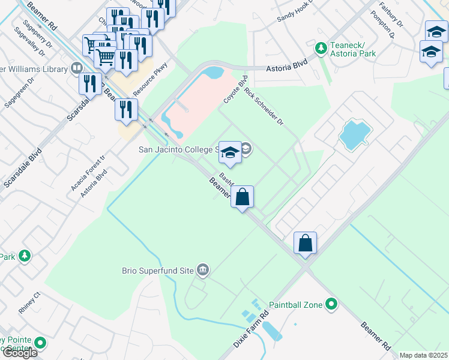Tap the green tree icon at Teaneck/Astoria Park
tap(321, 47)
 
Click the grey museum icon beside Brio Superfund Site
tap(203, 271)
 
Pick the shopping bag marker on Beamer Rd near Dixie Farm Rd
tap(305, 244)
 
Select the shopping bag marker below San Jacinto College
tap(242, 197)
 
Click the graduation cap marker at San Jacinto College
tap(229, 153)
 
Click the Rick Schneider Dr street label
tap(263, 106)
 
